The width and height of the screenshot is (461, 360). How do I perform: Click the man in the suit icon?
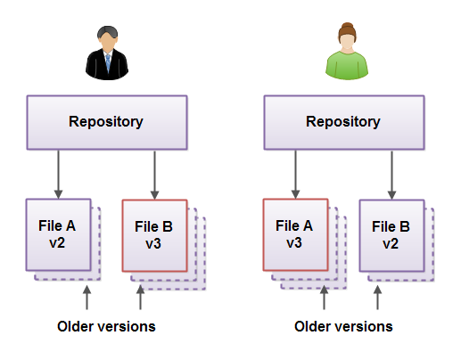[106, 53]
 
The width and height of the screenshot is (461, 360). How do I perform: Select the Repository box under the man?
[106, 122]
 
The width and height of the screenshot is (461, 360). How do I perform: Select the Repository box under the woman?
[343, 122]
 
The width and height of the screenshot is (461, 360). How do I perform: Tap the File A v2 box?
[59, 233]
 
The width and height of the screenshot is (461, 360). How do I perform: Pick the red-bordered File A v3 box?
[295, 233]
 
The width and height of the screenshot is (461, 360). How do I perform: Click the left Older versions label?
[106, 326]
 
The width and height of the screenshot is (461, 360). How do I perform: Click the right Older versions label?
[343, 326]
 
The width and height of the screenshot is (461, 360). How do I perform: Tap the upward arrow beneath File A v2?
[86, 298]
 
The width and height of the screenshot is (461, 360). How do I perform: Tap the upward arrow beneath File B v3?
[140, 298]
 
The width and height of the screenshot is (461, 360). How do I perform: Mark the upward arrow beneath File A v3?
[324, 298]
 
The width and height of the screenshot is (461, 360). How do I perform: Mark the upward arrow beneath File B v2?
[377, 298]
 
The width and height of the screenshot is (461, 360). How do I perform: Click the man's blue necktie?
[106, 63]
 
